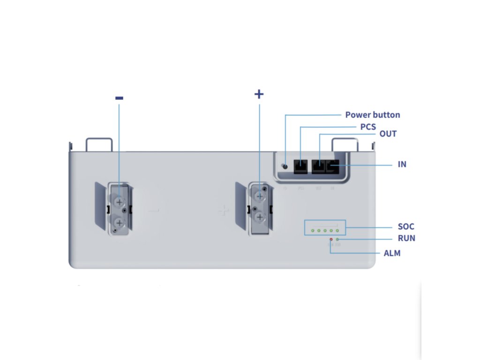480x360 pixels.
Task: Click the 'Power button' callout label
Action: [x=373, y=115]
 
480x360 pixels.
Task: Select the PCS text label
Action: [x=368, y=127]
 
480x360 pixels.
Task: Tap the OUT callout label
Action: [x=388, y=134]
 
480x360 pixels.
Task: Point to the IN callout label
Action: [x=401, y=165]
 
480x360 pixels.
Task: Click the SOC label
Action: [x=405, y=227]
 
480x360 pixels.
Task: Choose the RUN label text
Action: [x=406, y=239]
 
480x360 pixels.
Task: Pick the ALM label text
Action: [x=391, y=254]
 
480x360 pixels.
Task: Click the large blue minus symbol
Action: [x=119, y=98]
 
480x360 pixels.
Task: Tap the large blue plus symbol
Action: [x=259, y=94]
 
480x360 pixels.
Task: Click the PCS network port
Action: [x=300, y=166]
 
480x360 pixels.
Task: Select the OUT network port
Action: [x=319, y=166]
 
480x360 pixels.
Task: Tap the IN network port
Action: [x=332, y=166]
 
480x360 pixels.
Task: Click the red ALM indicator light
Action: [x=331, y=240]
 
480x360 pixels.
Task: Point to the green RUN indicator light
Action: [x=337, y=240]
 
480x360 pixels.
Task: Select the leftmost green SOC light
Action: [x=312, y=231]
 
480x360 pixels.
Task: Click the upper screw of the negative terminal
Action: [x=119, y=202]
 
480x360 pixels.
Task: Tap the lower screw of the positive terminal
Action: [x=259, y=217]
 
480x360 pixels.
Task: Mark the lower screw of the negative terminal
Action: [x=119, y=222]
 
